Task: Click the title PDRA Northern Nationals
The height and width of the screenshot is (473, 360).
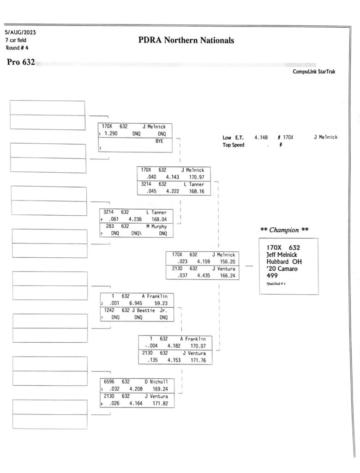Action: [186, 40]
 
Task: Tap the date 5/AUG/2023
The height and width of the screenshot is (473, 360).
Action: [20, 32]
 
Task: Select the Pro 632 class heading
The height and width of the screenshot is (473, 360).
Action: [21, 62]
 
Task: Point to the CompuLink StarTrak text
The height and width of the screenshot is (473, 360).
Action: [313, 72]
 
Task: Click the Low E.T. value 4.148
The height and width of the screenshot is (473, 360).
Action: [261, 137]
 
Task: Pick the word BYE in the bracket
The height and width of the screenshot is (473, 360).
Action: [159, 141]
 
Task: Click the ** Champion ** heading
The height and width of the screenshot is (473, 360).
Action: [284, 230]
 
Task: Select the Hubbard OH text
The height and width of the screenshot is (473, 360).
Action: [284, 261]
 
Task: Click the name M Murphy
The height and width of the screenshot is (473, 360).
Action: [156, 226]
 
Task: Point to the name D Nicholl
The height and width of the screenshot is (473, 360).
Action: [156, 382]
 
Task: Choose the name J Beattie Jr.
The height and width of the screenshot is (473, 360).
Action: [149, 310]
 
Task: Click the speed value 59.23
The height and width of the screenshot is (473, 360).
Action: [161, 303]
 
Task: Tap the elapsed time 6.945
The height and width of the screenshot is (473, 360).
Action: [136, 303]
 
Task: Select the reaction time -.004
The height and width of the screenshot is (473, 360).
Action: [151, 346]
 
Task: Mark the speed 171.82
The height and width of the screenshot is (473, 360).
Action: [161, 403]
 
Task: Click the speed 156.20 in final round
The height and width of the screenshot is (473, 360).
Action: [228, 261]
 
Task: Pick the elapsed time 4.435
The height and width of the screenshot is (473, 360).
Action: [204, 275]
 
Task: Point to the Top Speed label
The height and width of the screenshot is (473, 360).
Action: [234, 145]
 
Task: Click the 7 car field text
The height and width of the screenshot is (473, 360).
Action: [16, 40]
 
